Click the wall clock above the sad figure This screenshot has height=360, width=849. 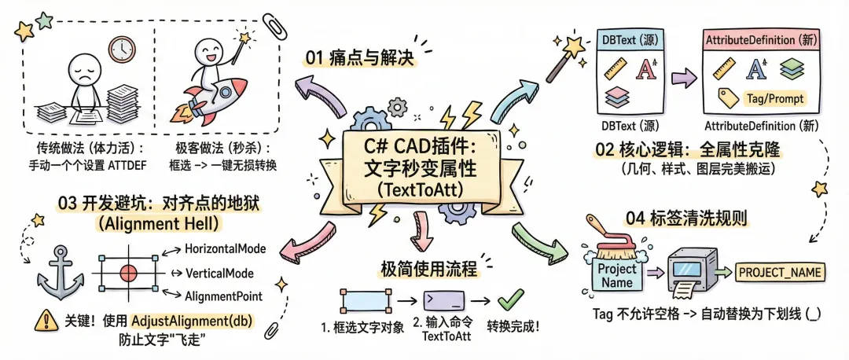click(122, 50)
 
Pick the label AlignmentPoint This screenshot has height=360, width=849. click(223, 296)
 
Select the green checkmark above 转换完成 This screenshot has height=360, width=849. click(511, 299)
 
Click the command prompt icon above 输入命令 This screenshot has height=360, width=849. click(445, 300)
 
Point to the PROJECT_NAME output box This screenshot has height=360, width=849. click(780, 273)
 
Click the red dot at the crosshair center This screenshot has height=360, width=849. click(129, 272)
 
